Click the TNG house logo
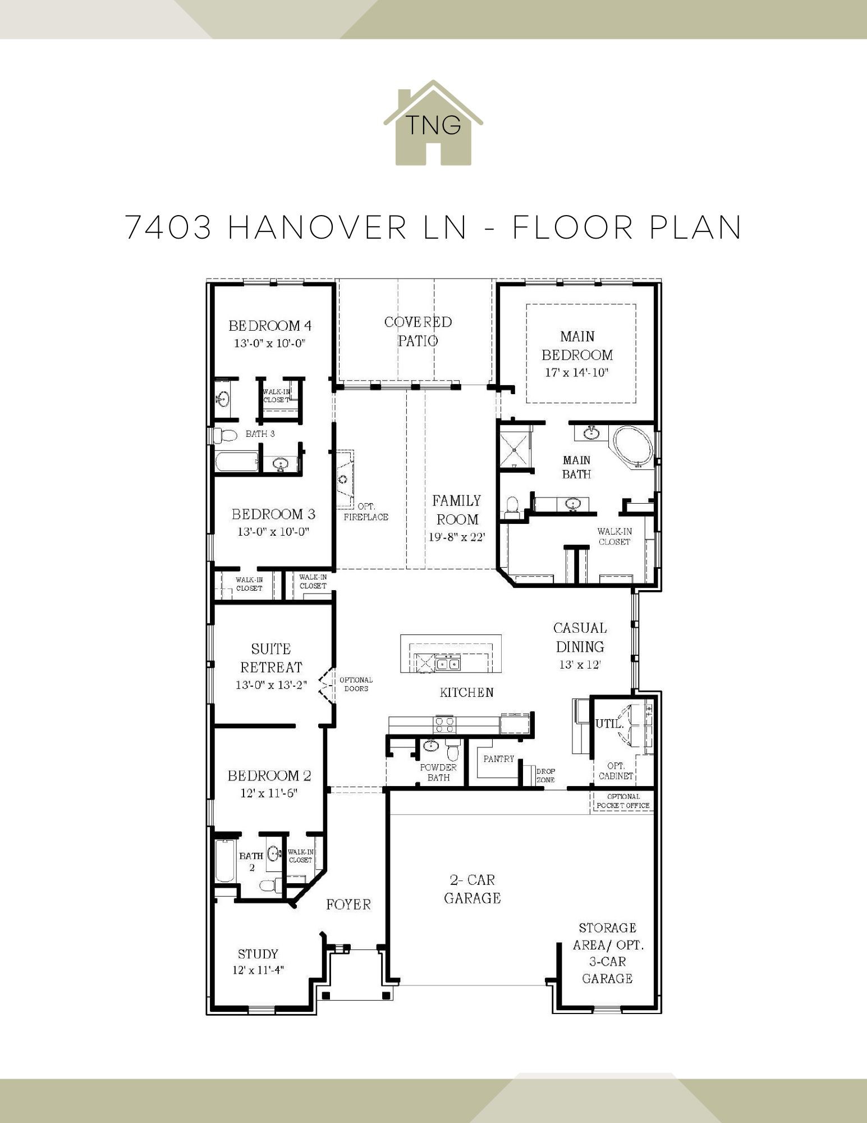click(433, 124)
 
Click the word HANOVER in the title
click(318, 227)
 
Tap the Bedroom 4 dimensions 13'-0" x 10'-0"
click(269, 343)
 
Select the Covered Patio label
click(418, 331)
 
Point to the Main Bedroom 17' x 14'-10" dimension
click(577, 372)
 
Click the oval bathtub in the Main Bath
click(633, 447)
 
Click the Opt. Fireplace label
click(366, 512)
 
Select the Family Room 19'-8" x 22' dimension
click(456, 537)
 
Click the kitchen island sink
click(447, 664)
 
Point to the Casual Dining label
click(580, 637)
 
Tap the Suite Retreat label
click(271, 658)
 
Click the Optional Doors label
click(356, 684)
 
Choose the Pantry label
click(499, 759)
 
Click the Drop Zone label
click(545, 775)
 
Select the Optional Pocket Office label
click(623, 801)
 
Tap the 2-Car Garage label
click(472, 889)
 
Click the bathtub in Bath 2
click(224, 861)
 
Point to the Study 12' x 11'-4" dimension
click(258, 970)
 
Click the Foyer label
click(348, 905)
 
